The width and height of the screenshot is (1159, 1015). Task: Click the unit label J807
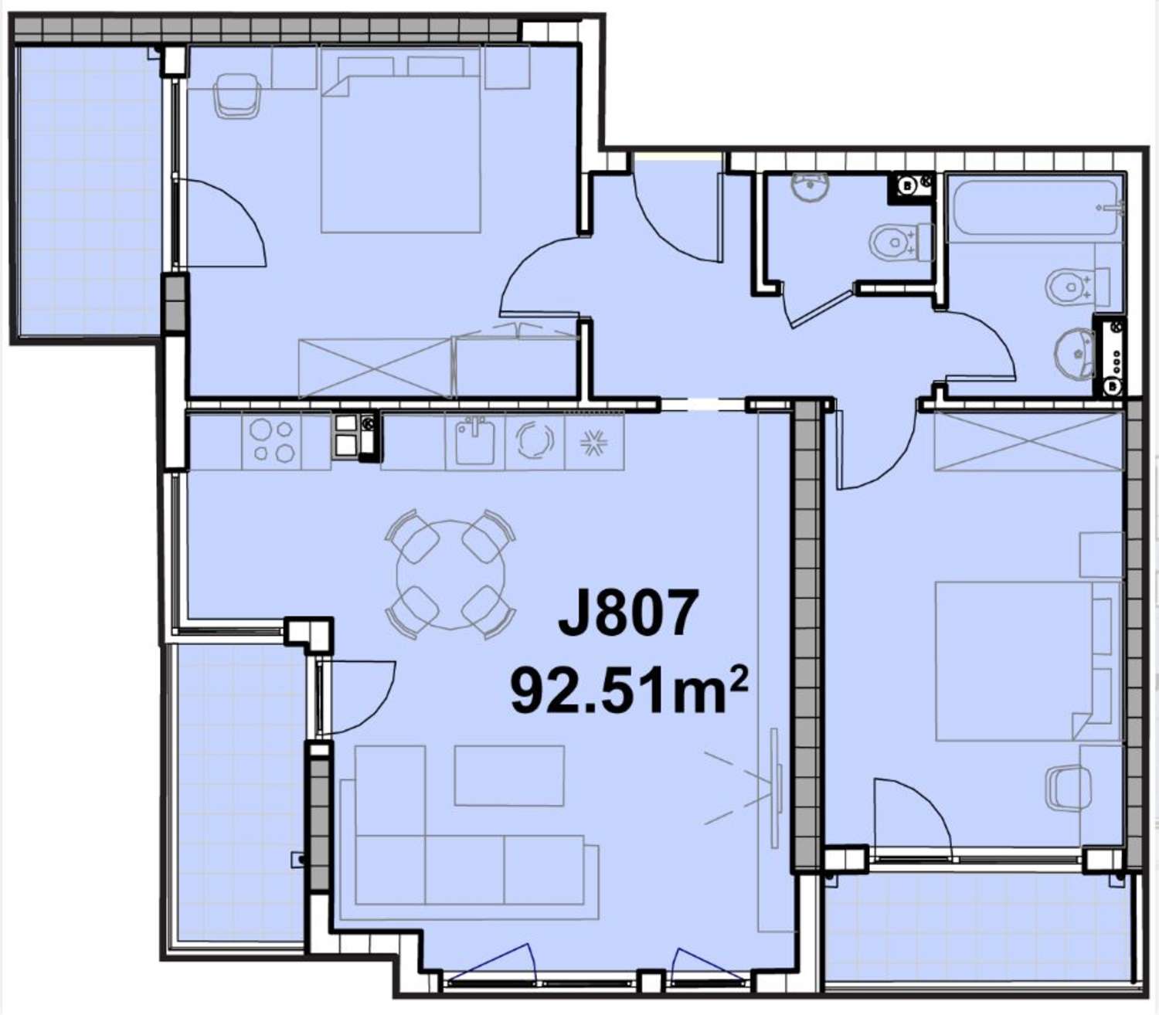pos(628,613)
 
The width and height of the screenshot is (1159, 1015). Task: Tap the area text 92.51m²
pos(628,691)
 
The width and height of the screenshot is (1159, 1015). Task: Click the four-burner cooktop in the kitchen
pos(273,441)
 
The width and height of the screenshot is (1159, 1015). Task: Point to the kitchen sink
pos(474,440)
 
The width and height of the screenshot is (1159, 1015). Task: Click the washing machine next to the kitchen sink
pos(534,441)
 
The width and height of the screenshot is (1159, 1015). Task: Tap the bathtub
pos(1035,208)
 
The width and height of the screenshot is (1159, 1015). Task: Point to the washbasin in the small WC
pos(810,186)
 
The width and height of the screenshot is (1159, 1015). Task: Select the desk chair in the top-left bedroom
pos(237,96)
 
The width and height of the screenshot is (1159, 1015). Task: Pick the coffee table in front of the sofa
pos(508,776)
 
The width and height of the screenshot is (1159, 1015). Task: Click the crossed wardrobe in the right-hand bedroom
pos(1027,442)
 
